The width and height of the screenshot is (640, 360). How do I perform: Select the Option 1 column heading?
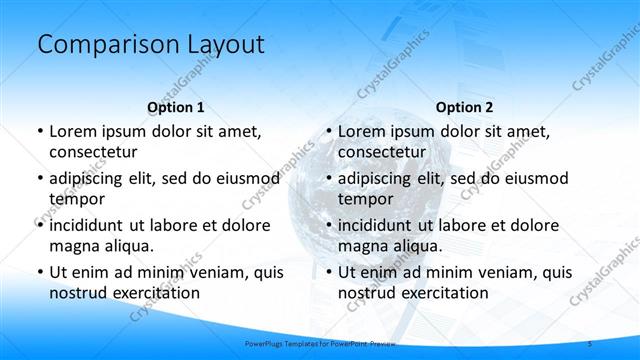176,107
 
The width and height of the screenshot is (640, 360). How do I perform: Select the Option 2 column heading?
465,107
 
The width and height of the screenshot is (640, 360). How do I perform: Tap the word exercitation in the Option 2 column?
443,293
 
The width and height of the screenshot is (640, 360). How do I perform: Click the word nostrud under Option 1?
77,293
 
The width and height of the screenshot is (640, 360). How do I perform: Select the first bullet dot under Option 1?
38,132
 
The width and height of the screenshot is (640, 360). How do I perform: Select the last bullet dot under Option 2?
327,273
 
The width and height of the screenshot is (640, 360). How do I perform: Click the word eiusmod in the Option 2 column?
534,178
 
